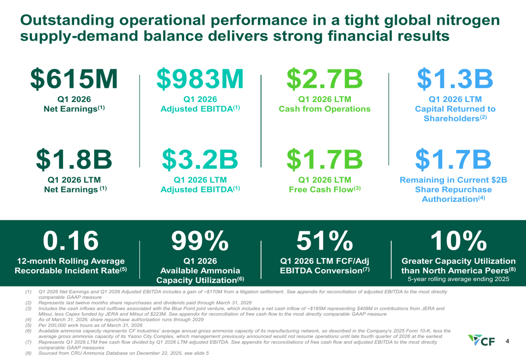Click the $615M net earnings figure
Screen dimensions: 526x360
tap(74, 79)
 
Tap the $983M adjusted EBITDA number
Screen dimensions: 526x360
tap(200, 79)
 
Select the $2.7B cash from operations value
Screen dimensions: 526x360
tap(325, 79)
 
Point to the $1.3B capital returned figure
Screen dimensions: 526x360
tap(455, 79)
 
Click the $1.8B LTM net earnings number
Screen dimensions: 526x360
tap(74, 160)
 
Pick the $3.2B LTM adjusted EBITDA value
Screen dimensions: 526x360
tap(200, 160)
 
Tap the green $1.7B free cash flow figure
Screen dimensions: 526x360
tap(325, 160)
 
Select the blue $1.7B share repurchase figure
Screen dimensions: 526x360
tap(453, 160)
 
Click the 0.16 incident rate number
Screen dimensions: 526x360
tap(71, 241)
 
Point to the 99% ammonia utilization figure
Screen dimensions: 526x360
tap(200, 241)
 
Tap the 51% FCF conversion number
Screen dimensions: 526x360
tap(325, 241)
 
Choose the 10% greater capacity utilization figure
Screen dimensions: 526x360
tap(458, 241)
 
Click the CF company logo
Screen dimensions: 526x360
tap(481, 340)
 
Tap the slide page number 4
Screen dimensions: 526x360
tap(507, 341)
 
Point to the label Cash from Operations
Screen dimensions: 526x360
tap(325, 109)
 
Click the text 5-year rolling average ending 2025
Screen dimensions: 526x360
tap(458, 279)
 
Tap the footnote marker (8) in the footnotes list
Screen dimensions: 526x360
tap(28, 353)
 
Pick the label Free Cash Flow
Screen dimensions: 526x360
tap(321, 189)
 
